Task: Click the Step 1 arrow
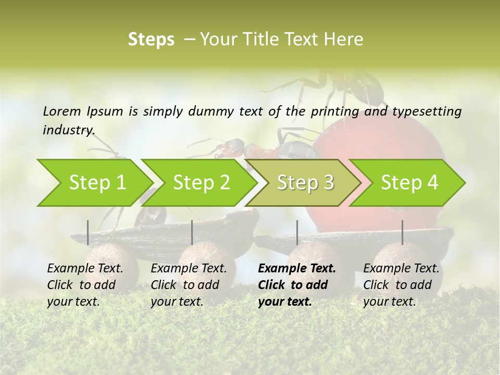(x=96, y=182)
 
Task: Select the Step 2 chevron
(x=201, y=182)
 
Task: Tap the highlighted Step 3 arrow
(x=305, y=182)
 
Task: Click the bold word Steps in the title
(x=151, y=40)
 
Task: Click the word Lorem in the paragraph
(x=62, y=111)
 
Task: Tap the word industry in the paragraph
(x=68, y=130)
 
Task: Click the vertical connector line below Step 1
(x=88, y=232)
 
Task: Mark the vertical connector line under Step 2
(x=192, y=232)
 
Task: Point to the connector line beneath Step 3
(x=297, y=232)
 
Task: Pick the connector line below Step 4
(x=402, y=232)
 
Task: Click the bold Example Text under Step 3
(x=297, y=269)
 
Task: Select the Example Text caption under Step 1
(x=85, y=269)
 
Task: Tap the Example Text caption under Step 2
(x=189, y=269)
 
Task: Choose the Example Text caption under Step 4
(x=401, y=269)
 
